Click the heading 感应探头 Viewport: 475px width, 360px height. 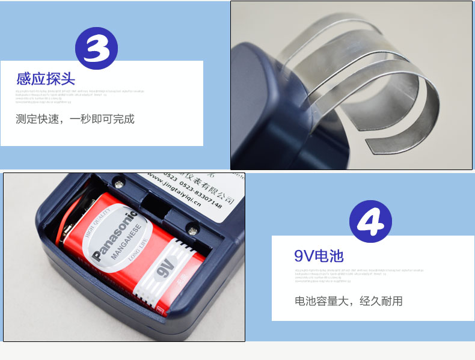[46, 79]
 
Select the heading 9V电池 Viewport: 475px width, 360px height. [319, 256]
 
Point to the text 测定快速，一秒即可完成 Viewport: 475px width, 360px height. [75, 118]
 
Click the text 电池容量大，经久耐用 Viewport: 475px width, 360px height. [348, 301]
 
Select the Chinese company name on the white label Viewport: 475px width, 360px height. [204, 184]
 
